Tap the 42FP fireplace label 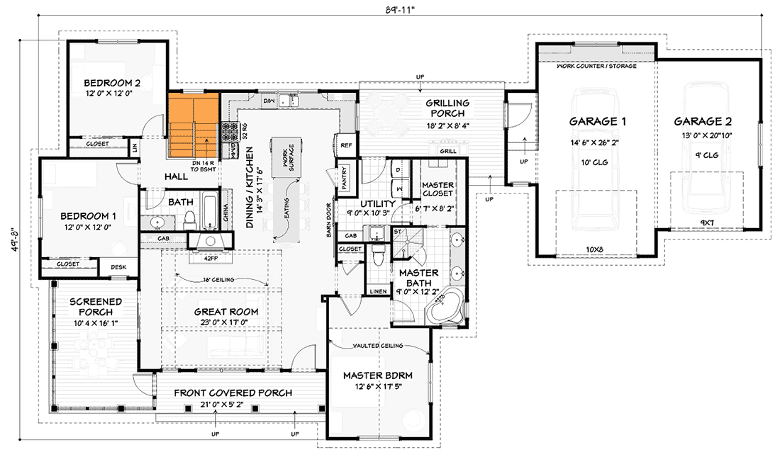211,259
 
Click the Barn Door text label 330,222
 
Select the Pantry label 343,178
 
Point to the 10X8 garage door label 595,249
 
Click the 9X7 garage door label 706,222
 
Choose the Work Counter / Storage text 596,66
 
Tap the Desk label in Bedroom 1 118,266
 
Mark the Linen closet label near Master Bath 378,291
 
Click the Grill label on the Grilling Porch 447,151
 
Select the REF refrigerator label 346,145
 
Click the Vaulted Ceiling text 378,346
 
